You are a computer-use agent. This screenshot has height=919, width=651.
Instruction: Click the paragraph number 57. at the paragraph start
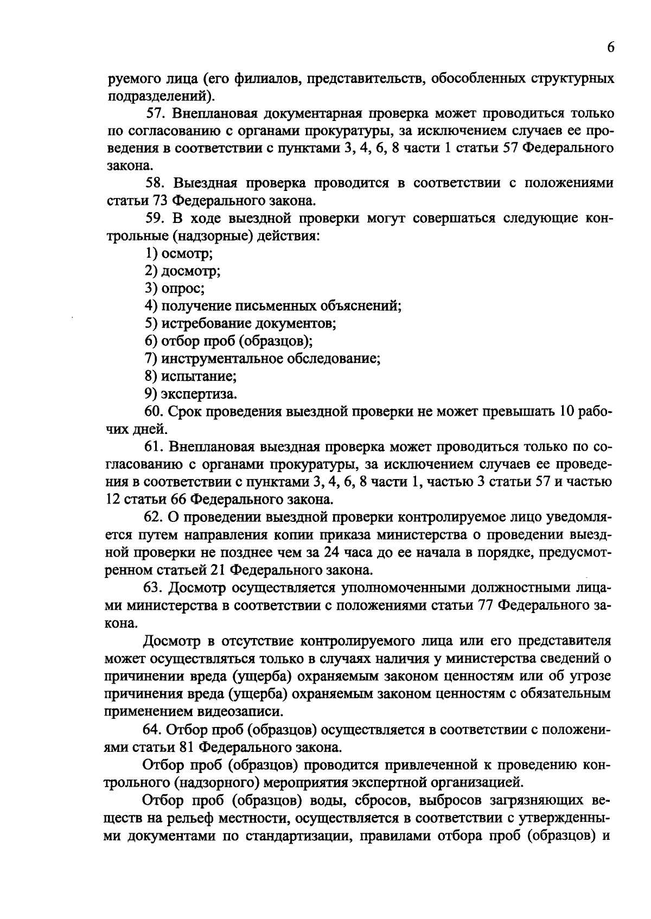[x=158, y=113]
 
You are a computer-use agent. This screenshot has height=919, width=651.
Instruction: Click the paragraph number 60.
[x=155, y=411]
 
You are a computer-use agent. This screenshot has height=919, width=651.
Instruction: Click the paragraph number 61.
[x=155, y=446]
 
